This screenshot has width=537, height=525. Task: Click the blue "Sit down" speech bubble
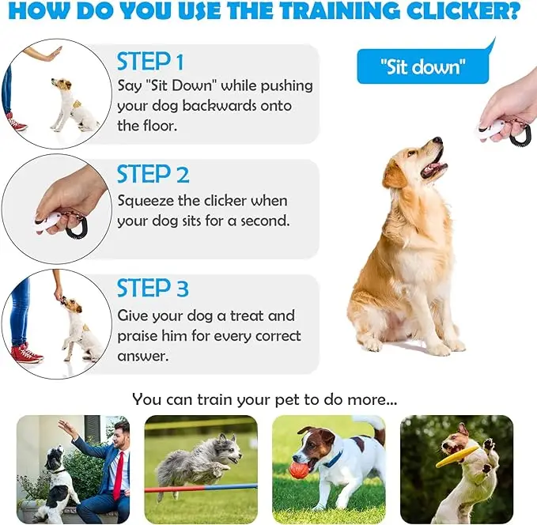pos(422,66)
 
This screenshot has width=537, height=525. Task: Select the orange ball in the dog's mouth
pos(298,470)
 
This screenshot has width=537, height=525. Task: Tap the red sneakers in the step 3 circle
pos(26,352)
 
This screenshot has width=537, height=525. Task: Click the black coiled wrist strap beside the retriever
pos(518,135)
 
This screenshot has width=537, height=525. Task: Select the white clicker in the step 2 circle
pos(50,221)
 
